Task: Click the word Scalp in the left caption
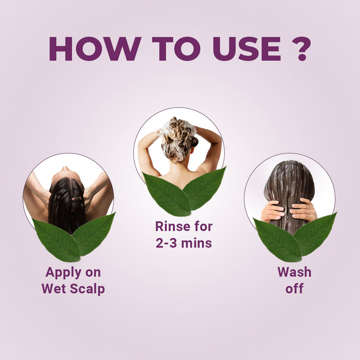tap(88, 288)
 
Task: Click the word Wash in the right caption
tap(294, 272)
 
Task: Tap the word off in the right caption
tap(294, 288)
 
